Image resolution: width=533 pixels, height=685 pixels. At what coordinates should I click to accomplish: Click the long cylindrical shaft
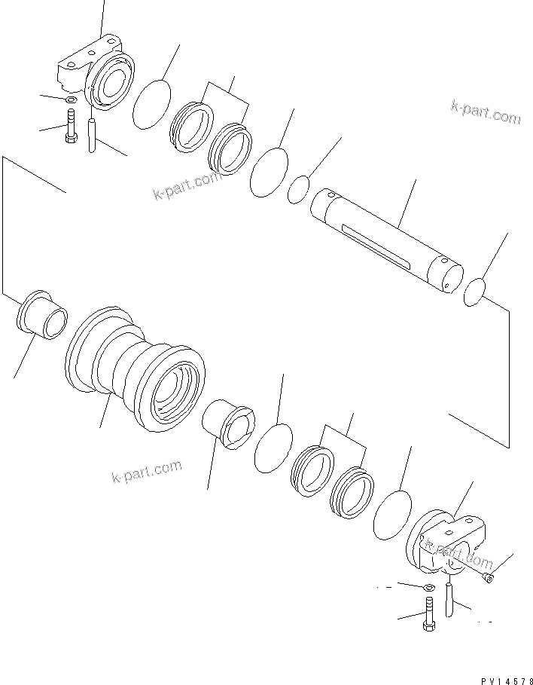pos(388,240)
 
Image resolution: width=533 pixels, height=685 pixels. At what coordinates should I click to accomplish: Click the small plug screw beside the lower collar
pos(488,576)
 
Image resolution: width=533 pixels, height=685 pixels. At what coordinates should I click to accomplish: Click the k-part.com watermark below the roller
pos(146,472)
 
